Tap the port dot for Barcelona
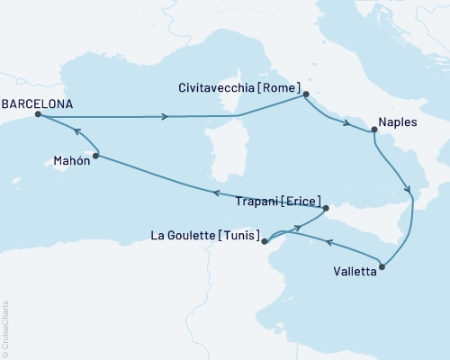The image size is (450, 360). click(37, 115)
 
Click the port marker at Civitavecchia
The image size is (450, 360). click(306, 94)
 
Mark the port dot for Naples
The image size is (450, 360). click(373, 130)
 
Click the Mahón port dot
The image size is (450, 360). click(95, 156)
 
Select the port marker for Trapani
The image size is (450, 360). click(328, 208)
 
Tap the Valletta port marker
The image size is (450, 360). click(383, 266)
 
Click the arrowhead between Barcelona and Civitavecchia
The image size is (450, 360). click(164, 116)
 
